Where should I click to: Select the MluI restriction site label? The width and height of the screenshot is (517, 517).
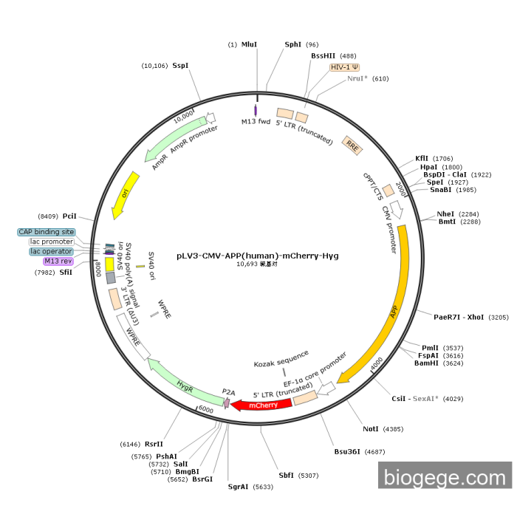tap(250, 44)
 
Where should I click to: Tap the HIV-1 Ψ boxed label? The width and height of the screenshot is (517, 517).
tap(345, 66)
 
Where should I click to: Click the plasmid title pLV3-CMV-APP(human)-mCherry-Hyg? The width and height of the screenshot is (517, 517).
tap(258, 256)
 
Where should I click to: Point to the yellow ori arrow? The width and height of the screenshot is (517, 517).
tap(125, 194)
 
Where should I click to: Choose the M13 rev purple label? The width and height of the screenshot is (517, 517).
tap(58, 261)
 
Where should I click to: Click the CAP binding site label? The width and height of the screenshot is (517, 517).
tap(47, 232)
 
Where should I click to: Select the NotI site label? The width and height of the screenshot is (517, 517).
tap(371, 428)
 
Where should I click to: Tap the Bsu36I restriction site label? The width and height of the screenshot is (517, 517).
tap(348, 451)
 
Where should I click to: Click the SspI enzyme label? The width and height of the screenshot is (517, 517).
tap(180, 65)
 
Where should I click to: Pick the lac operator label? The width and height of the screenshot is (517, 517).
tap(52, 251)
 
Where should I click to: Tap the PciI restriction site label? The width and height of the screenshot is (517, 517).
tap(69, 216)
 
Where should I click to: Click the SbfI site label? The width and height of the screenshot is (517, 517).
tap(286, 475)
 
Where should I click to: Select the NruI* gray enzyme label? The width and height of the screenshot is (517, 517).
tap(357, 78)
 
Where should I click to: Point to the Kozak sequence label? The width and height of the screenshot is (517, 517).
tap(279, 364)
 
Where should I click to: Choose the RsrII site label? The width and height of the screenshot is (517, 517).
tap(154, 444)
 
